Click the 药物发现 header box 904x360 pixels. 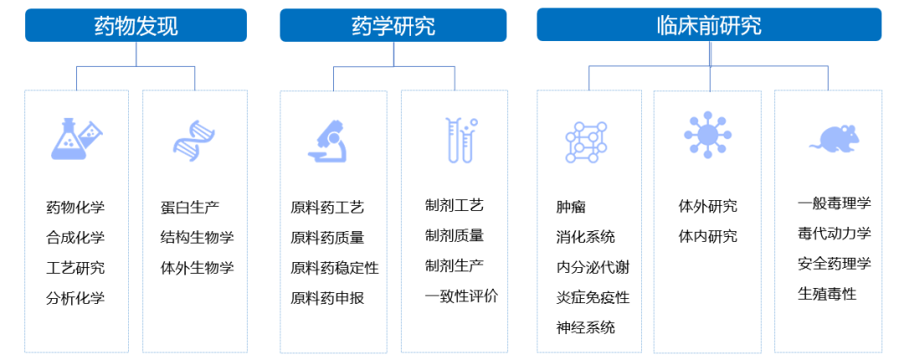click(136, 25)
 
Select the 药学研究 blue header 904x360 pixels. click(393, 25)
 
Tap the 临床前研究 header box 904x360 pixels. click(709, 25)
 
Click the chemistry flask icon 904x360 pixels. click(76, 138)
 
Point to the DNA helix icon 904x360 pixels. click(194, 139)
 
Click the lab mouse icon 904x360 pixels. click(834, 139)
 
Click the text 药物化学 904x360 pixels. click(75, 207)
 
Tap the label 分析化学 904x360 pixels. click(75, 297)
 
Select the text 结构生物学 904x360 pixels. click(198, 237)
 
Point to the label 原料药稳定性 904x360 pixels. click(335, 268)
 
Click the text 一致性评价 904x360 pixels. click(462, 296)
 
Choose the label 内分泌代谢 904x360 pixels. click(593, 268)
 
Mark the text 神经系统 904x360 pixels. click(586, 327)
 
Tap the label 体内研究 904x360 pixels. click(708, 236)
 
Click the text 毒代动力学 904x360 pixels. click(835, 233)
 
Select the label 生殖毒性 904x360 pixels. click(827, 294)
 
